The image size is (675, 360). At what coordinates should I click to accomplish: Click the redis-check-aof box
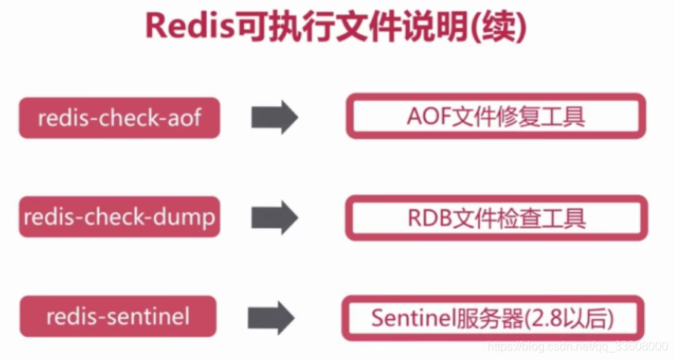point(119,117)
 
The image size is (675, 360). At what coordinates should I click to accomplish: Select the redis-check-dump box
point(119,217)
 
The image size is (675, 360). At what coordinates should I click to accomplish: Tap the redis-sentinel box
point(119,316)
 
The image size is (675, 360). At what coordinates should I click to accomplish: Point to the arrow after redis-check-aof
point(274,117)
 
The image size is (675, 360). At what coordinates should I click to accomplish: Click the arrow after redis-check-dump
point(274,217)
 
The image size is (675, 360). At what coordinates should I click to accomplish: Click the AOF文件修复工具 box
point(496,116)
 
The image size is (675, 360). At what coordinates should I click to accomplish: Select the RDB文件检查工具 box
point(496,217)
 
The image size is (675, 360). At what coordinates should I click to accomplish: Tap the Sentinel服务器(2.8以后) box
point(493,318)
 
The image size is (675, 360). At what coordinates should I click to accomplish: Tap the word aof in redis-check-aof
point(183,117)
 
